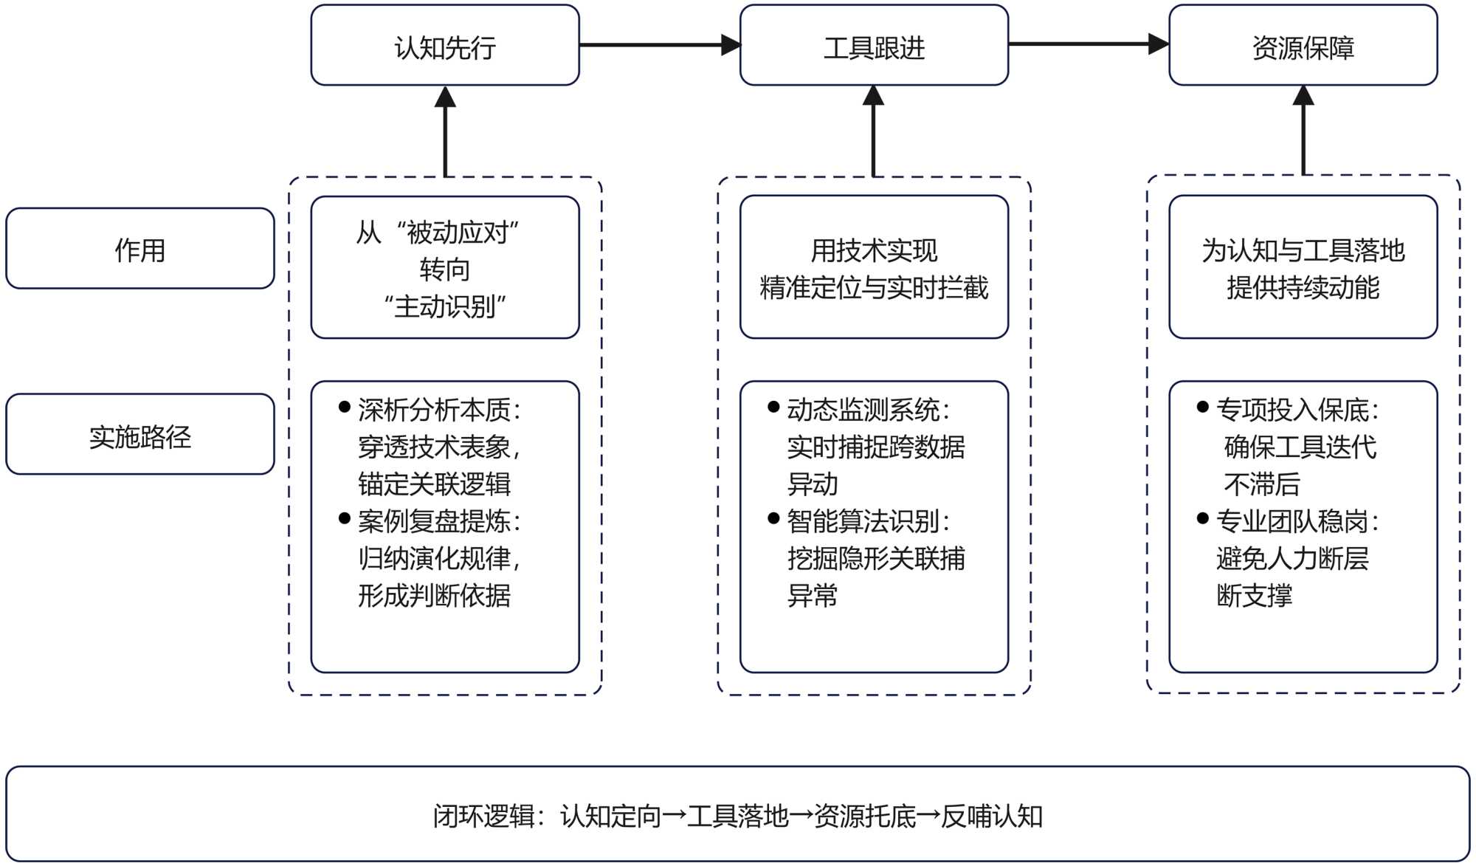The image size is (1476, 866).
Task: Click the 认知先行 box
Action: click(x=445, y=46)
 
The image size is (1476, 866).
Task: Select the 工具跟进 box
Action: click(x=874, y=46)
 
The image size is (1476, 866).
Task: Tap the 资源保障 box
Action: click(x=1303, y=46)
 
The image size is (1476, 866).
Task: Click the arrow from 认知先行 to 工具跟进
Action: click(x=659, y=45)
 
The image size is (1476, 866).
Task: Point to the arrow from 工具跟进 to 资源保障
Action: click(x=1088, y=44)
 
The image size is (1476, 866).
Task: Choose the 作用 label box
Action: click(x=140, y=249)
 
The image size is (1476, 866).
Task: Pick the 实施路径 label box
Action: click(x=140, y=435)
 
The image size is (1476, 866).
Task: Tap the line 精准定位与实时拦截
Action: click(x=874, y=287)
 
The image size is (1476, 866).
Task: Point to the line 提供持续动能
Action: click(x=1303, y=287)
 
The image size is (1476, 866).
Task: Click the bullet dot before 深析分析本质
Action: click(x=344, y=407)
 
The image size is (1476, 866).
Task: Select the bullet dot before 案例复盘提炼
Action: click(x=344, y=518)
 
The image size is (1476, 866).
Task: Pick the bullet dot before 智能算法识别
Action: click(x=773, y=518)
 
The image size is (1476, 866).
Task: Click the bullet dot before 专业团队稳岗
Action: click(x=1202, y=518)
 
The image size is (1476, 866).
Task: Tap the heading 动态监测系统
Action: click(x=863, y=410)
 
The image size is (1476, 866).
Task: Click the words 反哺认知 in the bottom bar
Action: click(x=992, y=816)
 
